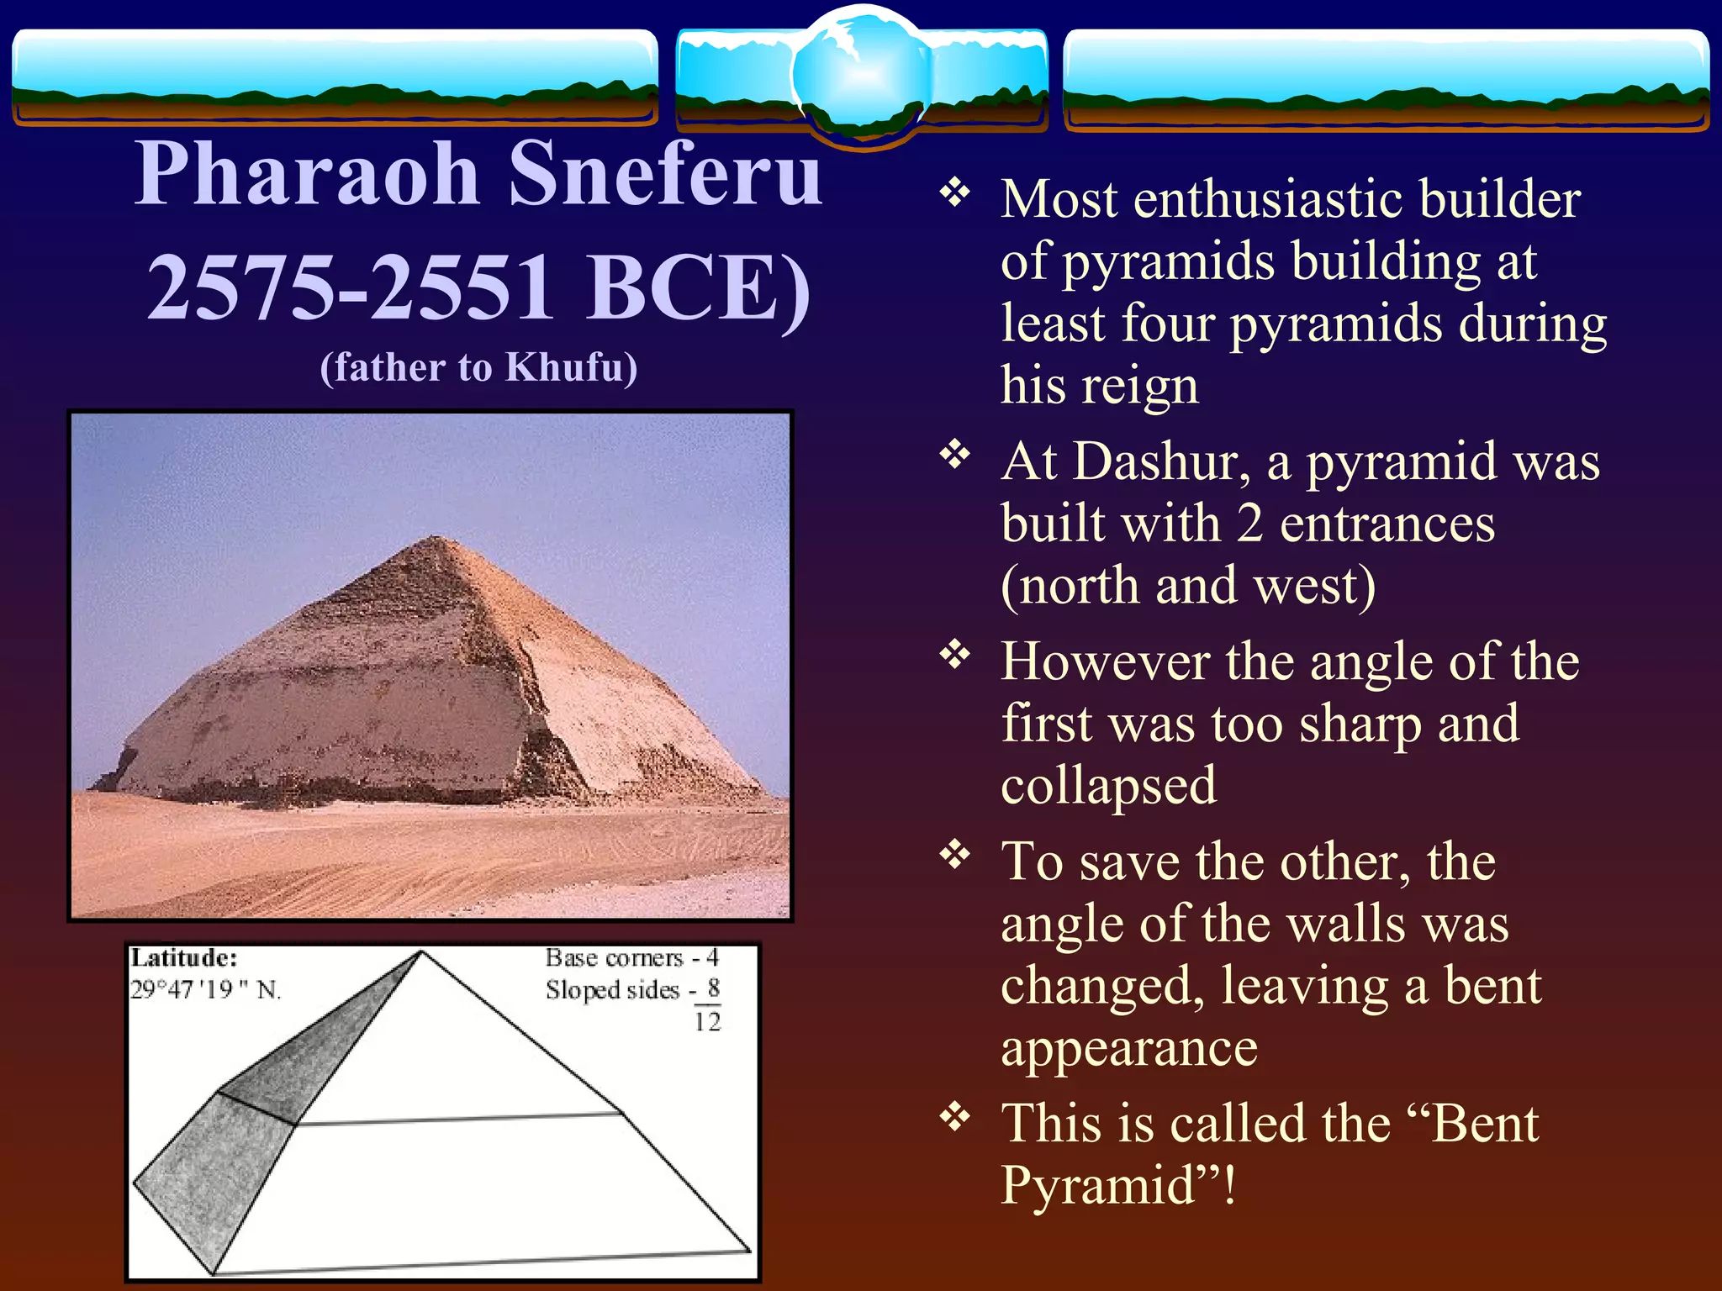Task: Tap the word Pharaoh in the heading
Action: (307, 175)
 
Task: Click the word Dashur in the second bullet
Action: (1160, 462)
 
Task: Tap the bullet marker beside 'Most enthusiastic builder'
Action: (955, 194)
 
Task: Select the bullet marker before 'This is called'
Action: (955, 1118)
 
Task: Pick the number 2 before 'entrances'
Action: (1250, 524)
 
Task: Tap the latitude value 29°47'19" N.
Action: (206, 990)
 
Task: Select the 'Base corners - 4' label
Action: (631, 958)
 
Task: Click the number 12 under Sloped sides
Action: (707, 1022)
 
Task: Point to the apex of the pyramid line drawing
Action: (421, 952)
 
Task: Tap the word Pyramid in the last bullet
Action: (1097, 1185)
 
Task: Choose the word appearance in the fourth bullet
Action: (1128, 1048)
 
